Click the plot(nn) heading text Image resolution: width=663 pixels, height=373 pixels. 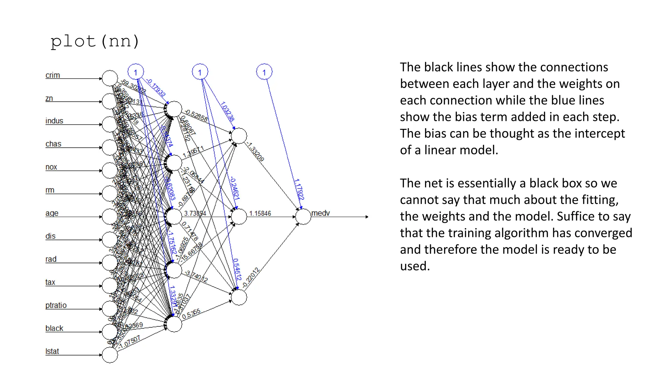[x=95, y=41]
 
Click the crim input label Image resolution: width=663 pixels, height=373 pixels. [x=53, y=75]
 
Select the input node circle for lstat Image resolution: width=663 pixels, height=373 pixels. [x=110, y=355]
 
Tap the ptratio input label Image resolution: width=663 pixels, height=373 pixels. [x=56, y=305]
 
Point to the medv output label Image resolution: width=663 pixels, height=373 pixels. [x=320, y=213]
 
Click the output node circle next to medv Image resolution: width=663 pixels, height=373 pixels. [x=303, y=217]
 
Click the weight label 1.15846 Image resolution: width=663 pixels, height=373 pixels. [x=260, y=213]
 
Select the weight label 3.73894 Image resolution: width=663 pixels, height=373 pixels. [x=195, y=213]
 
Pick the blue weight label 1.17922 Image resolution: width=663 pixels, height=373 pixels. [x=299, y=189]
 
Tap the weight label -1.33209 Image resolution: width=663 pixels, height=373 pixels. [x=255, y=152]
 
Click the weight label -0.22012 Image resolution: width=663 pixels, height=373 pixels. [x=251, y=277]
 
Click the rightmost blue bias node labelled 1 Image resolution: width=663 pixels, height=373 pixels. [x=264, y=72]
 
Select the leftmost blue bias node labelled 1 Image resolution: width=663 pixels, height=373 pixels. [x=136, y=72]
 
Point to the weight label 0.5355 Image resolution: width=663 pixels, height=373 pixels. [x=191, y=313]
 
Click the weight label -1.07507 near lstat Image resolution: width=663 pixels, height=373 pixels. [x=129, y=342]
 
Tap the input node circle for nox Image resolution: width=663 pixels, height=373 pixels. [x=110, y=171]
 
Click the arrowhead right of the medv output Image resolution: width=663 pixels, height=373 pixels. [x=366, y=217]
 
